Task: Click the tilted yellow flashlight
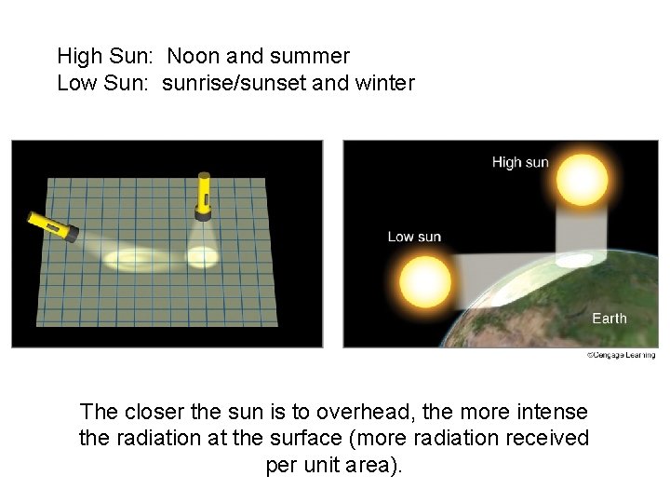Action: [x=50, y=225]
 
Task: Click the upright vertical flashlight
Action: [x=203, y=197]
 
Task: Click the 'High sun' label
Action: [x=520, y=163]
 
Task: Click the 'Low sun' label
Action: [x=414, y=237]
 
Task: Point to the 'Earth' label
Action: [x=610, y=319]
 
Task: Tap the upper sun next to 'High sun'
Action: [x=582, y=178]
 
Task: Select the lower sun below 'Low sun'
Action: [x=424, y=279]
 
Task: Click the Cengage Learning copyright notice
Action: [x=621, y=355]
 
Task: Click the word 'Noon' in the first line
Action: [x=194, y=57]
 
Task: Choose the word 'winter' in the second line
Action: [x=384, y=83]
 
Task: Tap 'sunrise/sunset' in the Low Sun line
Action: [x=234, y=83]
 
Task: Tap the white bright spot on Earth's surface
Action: [x=579, y=259]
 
